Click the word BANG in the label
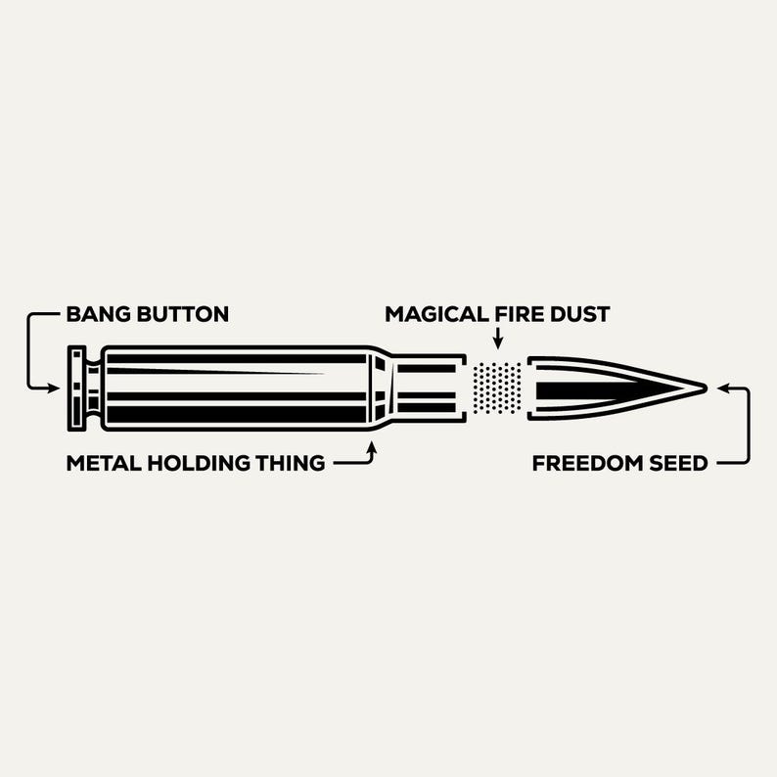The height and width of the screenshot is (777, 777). [96, 314]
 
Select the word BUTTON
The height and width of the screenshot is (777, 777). [181, 314]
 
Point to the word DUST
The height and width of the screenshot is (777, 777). [581, 314]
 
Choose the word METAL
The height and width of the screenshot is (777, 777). [99, 463]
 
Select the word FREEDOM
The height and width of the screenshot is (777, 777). [587, 463]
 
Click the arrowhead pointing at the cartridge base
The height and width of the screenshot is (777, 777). [57, 388]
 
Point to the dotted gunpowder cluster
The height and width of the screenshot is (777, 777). [497, 388]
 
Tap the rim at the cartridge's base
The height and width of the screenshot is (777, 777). [75, 388]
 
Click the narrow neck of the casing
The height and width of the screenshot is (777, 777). [426, 388]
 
